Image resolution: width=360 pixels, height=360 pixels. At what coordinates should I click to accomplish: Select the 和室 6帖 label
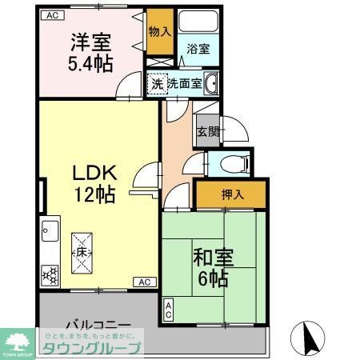[x=212, y=267]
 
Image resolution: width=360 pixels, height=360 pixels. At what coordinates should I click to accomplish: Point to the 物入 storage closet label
[x=160, y=32]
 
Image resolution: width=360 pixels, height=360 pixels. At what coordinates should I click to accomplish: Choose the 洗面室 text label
[x=184, y=82]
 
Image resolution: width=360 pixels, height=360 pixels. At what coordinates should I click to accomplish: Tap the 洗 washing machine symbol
[x=157, y=82]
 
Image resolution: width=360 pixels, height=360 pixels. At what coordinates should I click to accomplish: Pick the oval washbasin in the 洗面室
[x=212, y=82]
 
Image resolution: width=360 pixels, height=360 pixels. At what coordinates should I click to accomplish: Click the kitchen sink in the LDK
[x=49, y=234]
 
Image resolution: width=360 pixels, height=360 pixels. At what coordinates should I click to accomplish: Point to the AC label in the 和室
[x=169, y=310]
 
